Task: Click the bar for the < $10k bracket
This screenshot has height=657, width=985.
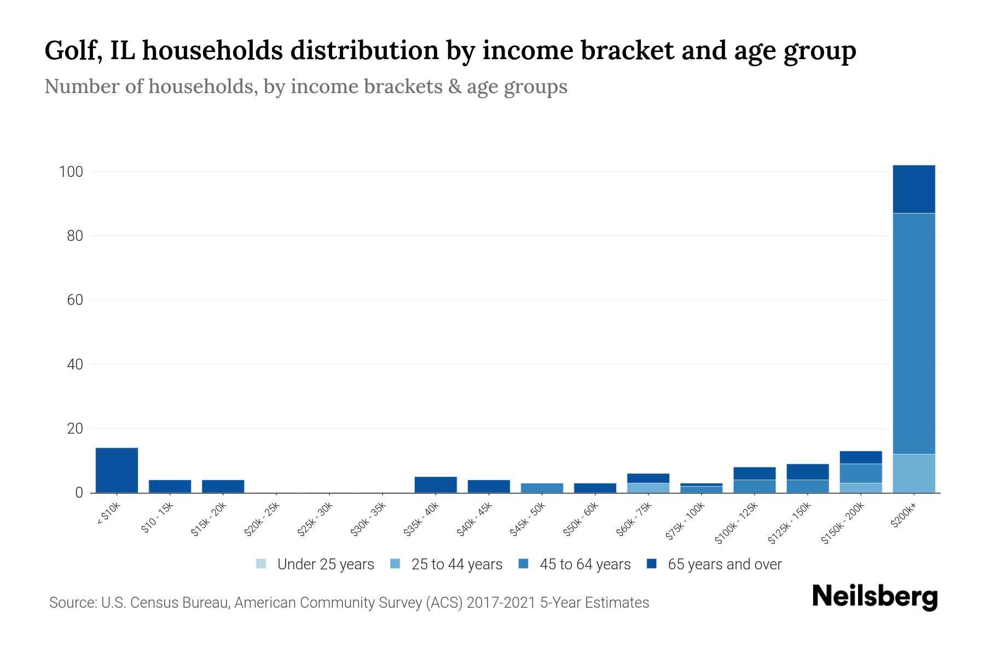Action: pos(117,470)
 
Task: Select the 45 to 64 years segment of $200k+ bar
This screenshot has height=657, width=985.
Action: pos(913,333)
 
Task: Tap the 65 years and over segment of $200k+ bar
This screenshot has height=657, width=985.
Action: pos(913,189)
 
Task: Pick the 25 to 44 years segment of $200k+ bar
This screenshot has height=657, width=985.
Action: pos(913,473)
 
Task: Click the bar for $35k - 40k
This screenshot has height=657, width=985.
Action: pos(436,485)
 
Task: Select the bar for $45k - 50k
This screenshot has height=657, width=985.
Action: pos(542,488)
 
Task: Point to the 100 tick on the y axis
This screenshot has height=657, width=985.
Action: pos(71,172)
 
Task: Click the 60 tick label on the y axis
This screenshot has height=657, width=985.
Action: pos(75,300)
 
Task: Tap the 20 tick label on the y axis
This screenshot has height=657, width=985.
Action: pos(75,429)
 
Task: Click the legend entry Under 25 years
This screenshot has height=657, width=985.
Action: pos(315,564)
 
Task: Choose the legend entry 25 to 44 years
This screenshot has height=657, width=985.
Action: pos(447,564)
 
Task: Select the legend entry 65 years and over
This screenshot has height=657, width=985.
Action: pos(714,564)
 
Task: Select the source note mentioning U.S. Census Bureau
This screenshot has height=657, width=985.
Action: pos(349,603)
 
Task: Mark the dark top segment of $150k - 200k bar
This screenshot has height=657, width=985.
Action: pos(860,457)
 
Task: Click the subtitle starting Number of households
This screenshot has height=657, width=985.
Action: pos(305,87)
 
